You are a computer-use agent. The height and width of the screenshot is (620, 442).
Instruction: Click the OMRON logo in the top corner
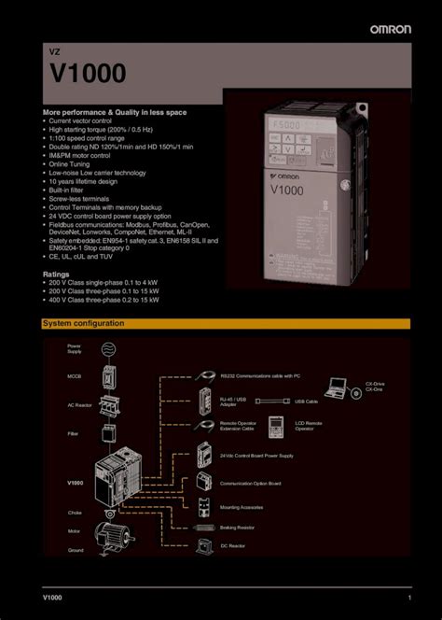391,29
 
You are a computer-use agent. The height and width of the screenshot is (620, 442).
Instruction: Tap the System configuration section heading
83,323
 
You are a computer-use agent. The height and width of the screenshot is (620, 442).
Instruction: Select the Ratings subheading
56,275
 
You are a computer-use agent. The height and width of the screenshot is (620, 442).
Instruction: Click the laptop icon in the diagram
338,387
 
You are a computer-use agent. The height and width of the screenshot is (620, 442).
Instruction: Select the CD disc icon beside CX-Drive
356,393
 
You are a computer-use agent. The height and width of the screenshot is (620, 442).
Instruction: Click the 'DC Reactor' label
230,546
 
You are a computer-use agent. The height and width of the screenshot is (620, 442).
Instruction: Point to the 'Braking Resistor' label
238,527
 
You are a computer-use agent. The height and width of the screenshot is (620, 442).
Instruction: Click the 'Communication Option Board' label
250,484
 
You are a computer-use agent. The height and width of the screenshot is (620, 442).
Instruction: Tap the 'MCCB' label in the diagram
74,376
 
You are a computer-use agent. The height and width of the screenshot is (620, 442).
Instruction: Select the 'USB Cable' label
306,402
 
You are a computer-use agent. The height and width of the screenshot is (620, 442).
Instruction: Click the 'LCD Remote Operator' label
309,426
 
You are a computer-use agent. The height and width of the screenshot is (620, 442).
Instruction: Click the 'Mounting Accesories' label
241,507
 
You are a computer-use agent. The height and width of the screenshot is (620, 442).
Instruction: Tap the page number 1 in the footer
409,597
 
